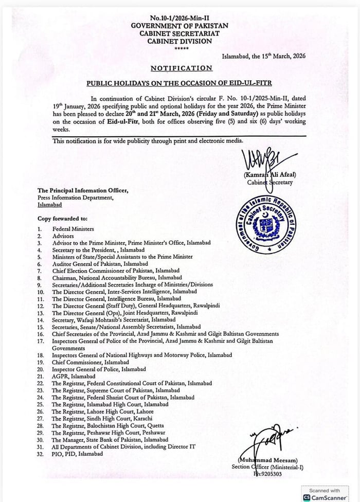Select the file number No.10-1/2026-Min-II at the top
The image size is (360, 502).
(x=180, y=17)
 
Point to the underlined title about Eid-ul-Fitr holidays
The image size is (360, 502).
(x=179, y=82)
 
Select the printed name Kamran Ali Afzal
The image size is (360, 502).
(x=269, y=174)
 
